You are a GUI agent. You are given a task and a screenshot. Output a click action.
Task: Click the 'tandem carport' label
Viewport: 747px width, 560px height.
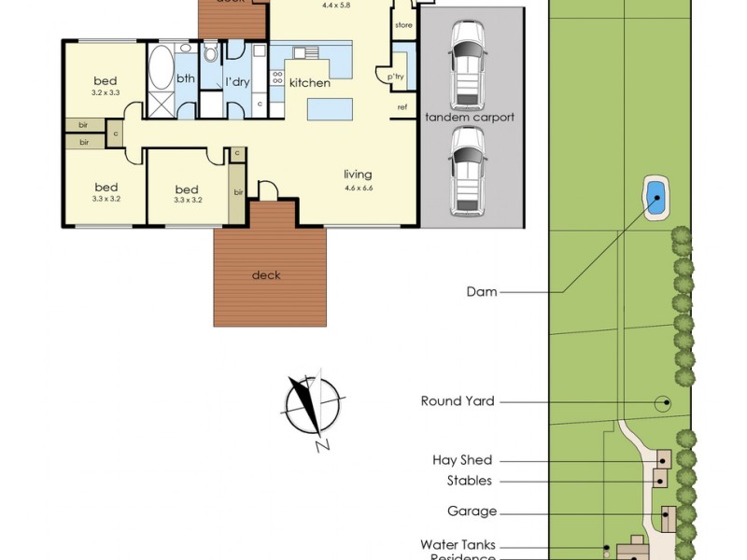click(x=470, y=118)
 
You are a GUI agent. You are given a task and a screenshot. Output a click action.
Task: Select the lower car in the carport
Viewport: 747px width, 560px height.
click(x=467, y=170)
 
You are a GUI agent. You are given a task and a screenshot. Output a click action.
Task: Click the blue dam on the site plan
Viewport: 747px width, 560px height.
click(x=656, y=197)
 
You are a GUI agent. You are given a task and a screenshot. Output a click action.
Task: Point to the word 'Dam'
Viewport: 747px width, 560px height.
click(x=482, y=292)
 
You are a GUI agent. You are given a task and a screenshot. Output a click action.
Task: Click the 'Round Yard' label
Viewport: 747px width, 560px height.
click(x=458, y=401)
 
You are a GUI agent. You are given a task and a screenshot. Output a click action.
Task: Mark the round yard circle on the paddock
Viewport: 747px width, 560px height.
click(x=663, y=403)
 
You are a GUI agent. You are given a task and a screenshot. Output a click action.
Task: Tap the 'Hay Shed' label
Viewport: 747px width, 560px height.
click(x=462, y=460)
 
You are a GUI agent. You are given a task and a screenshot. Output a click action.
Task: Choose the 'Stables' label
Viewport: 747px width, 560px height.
click(x=469, y=481)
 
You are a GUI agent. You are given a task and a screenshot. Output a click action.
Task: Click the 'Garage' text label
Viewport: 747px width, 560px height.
click(x=472, y=511)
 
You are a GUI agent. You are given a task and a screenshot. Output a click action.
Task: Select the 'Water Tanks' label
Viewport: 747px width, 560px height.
click(x=458, y=544)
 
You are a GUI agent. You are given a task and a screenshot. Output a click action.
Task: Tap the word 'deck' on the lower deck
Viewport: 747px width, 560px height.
click(x=266, y=275)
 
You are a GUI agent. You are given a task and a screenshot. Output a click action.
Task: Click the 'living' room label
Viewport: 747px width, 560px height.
click(x=358, y=175)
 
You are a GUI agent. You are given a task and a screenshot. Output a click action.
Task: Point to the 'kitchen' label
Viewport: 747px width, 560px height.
click(x=309, y=83)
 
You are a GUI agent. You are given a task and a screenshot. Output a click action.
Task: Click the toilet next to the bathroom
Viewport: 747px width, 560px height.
click(x=211, y=51)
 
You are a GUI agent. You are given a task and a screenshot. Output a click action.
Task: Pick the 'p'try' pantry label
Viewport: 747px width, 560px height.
click(x=396, y=77)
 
